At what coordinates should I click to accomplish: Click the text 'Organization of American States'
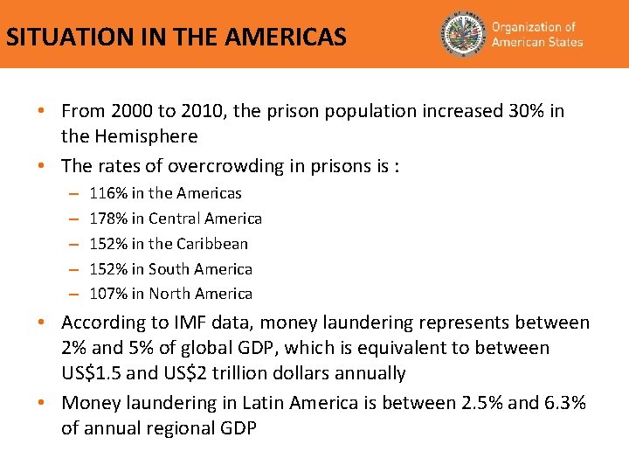(x=536, y=35)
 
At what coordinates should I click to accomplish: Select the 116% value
(x=108, y=193)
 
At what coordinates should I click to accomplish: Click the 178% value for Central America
(x=108, y=219)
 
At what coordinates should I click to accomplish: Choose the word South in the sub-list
(x=169, y=269)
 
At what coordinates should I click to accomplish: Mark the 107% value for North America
(x=108, y=294)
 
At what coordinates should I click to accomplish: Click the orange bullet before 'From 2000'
(x=42, y=112)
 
